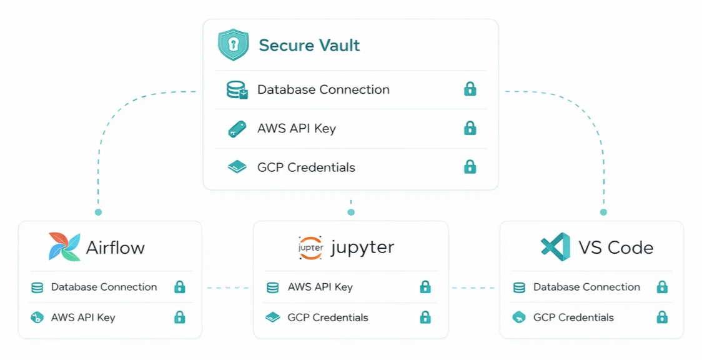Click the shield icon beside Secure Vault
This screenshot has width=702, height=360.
(x=234, y=45)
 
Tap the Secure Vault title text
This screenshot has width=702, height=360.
(x=309, y=46)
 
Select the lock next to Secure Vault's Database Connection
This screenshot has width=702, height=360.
(x=470, y=89)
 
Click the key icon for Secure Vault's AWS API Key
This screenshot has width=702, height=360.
(x=237, y=129)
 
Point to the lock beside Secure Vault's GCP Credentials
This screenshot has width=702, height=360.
(x=470, y=167)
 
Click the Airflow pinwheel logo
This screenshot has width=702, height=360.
(x=64, y=247)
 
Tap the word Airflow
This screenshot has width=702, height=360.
(x=115, y=247)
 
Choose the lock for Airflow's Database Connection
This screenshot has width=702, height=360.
(x=179, y=287)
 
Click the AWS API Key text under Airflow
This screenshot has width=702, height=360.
(x=83, y=317)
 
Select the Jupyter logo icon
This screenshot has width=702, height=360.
(x=311, y=247)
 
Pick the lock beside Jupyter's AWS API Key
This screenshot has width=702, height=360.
(x=425, y=287)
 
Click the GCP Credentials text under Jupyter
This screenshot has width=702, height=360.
(x=328, y=317)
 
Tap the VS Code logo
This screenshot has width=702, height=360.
(x=555, y=247)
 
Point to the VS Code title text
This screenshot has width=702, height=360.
(x=616, y=247)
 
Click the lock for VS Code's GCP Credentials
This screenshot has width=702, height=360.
(x=662, y=317)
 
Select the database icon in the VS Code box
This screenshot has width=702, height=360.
(x=519, y=287)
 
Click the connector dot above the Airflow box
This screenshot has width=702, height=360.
(x=98, y=212)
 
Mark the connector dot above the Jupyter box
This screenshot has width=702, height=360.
(x=351, y=212)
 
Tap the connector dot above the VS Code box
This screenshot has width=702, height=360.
(x=603, y=212)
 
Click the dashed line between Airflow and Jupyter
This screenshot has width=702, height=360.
(x=227, y=288)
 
